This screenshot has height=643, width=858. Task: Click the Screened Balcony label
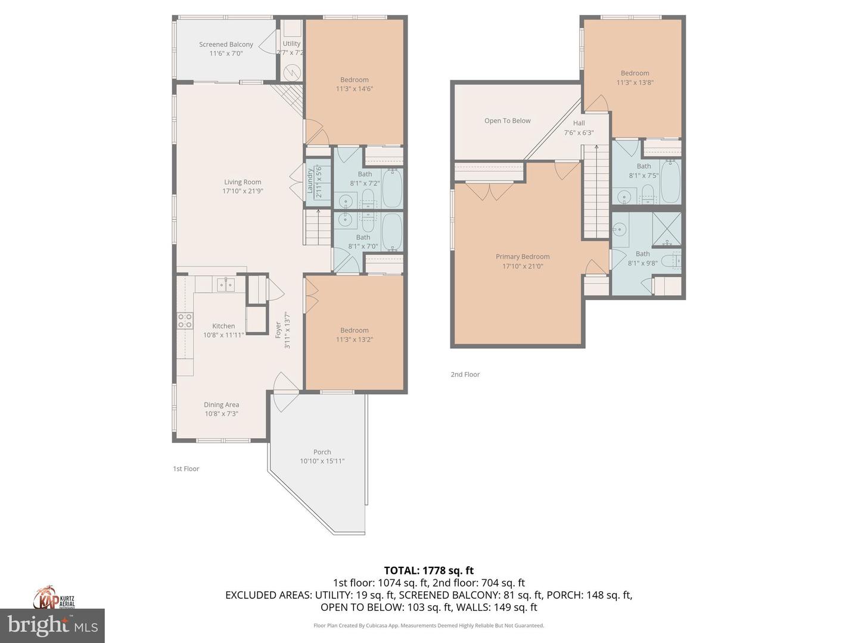(226, 44)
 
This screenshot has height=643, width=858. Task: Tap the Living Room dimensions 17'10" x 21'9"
(243, 191)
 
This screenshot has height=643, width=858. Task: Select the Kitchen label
(223, 326)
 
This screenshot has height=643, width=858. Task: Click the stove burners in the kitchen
(185, 321)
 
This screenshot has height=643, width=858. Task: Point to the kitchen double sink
(226, 285)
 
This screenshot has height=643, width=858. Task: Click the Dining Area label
(221, 404)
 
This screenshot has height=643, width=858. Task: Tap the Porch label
(322, 452)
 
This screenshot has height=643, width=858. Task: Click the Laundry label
(310, 180)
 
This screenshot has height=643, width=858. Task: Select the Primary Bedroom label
(523, 257)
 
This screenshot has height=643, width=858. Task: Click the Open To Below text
(507, 120)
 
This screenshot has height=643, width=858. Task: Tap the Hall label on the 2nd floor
(579, 123)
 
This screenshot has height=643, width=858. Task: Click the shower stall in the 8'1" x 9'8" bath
(667, 229)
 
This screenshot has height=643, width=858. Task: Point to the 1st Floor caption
(186, 469)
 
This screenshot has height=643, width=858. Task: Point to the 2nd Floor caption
(465, 374)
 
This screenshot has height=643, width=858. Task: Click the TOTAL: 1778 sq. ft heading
(428, 570)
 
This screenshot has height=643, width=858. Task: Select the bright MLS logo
(52, 625)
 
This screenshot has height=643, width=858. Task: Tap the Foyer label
(278, 330)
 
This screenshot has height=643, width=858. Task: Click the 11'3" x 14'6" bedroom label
(354, 84)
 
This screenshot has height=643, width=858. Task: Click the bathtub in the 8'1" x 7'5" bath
(670, 181)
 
